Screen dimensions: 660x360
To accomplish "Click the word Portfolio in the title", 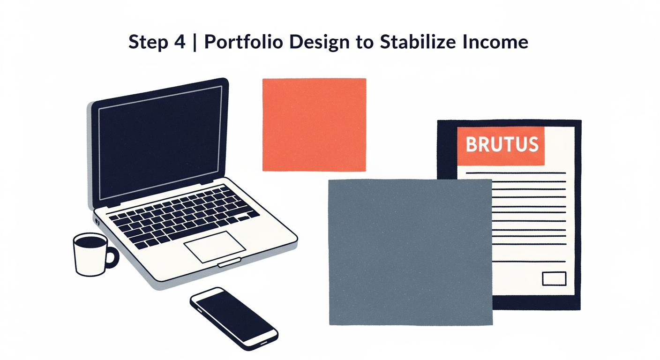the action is (x=244, y=42).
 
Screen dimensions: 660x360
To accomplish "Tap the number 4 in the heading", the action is (x=180, y=42).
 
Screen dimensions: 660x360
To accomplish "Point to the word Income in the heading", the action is (x=495, y=42).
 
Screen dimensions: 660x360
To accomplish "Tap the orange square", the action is (x=315, y=125).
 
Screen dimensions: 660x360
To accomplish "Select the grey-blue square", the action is (x=411, y=252).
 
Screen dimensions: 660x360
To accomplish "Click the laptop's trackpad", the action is (x=215, y=247).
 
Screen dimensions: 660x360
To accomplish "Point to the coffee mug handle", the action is (x=112, y=257).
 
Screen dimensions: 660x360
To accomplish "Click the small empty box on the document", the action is (x=554, y=278).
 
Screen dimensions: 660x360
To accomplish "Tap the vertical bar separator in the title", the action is (x=195, y=42).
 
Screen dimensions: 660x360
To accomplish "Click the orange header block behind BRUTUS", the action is (x=501, y=146).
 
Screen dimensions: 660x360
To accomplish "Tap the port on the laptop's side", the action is (x=97, y=221).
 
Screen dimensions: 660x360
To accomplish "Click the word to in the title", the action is (x=365, y=43).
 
